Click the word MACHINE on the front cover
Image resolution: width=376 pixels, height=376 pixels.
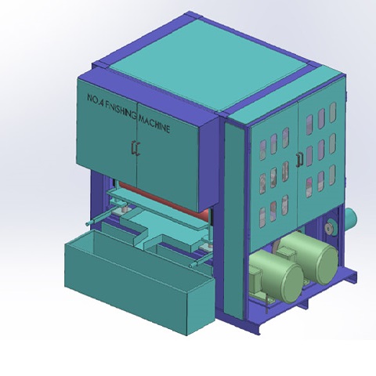pyautogui.click(x=154, y=125)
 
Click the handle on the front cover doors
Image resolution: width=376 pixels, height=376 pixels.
pyautogui.click(x=135, y=149)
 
